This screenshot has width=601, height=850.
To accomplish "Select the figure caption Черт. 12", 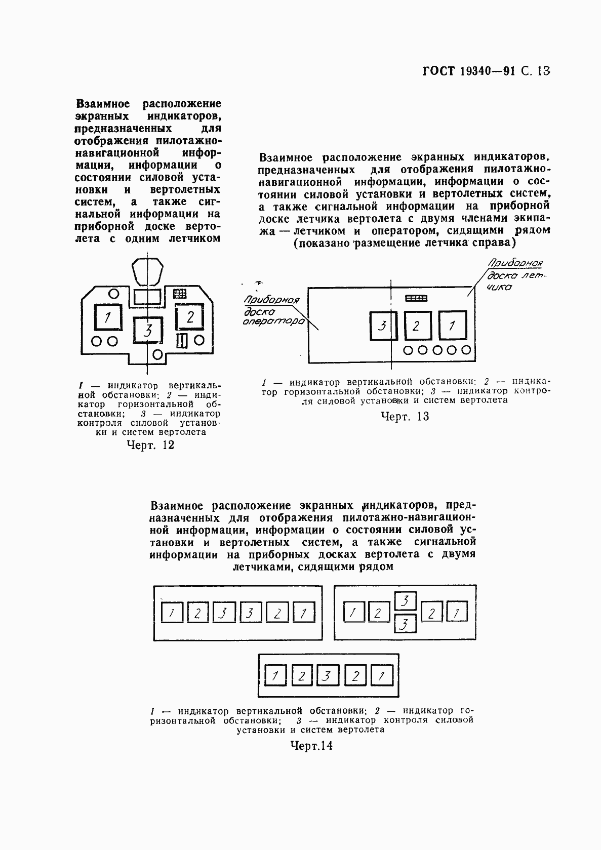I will [150, 445].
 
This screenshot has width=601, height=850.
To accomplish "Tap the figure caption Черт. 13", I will [405, 416].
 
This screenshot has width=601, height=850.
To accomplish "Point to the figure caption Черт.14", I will [311, 745].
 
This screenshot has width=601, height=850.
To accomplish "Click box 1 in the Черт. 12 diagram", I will [107, 318].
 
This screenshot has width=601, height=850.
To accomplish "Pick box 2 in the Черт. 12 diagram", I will [190, 317].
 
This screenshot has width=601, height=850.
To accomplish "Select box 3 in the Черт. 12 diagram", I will [147, 331].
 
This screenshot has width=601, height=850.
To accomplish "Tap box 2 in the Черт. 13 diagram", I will [417, 326].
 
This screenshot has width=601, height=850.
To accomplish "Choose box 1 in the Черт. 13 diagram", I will [452, 326].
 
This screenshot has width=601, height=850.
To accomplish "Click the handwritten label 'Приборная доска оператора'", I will [273, 310].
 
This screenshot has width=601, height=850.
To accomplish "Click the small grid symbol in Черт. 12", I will [179, 293].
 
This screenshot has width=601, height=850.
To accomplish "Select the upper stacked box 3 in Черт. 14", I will [405, 601].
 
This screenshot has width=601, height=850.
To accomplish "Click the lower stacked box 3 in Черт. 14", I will [405, 624].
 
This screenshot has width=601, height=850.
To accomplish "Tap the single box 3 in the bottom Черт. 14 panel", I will [328, 675].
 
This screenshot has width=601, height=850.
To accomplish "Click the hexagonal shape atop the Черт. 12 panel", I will [147, 272].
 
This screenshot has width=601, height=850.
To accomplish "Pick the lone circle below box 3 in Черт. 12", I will [157, 353].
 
